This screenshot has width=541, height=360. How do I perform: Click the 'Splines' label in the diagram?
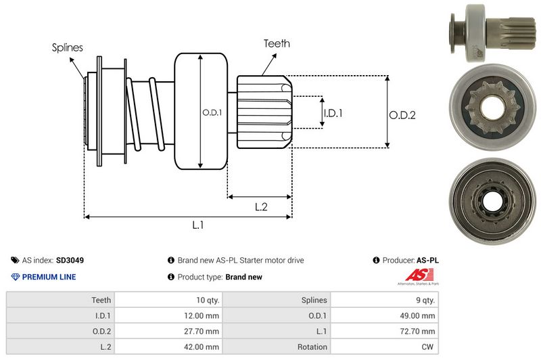coord(67,47)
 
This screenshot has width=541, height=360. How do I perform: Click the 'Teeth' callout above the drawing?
coord(277,43)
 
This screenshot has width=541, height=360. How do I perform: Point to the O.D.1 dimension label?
coord(211,112)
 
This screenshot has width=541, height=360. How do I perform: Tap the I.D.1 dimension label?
coord(333,113)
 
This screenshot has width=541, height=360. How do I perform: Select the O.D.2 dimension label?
coord(402,115)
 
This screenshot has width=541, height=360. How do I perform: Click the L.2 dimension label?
coord(262,207)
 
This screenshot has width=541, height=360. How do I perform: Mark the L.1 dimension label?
coord(198,225)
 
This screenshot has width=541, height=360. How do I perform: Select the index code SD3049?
coord(70,260)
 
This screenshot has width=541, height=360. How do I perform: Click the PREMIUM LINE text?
coord(49,277)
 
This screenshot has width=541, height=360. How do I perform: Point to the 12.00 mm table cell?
coord(204,315)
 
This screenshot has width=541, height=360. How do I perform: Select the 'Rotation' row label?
coord(313,347)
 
